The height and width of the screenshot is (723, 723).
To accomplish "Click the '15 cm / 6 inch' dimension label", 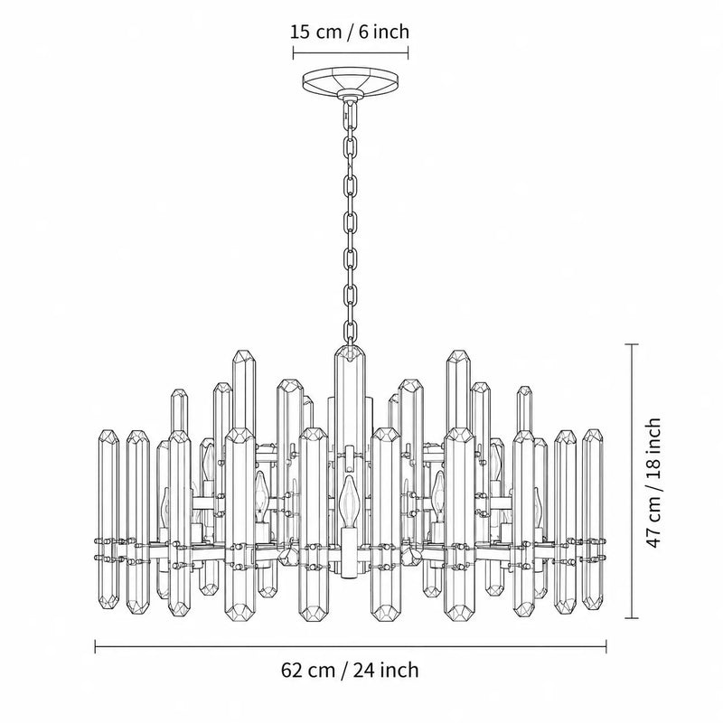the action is (350, 32).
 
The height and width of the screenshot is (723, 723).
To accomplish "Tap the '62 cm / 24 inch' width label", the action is (350, 670).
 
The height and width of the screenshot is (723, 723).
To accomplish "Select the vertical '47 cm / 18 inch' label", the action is (653, 483).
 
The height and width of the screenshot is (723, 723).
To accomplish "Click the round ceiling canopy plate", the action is (350, 83).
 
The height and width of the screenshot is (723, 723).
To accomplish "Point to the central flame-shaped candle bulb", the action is (347, 502).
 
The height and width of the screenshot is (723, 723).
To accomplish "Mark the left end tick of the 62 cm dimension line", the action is (96, 646).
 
